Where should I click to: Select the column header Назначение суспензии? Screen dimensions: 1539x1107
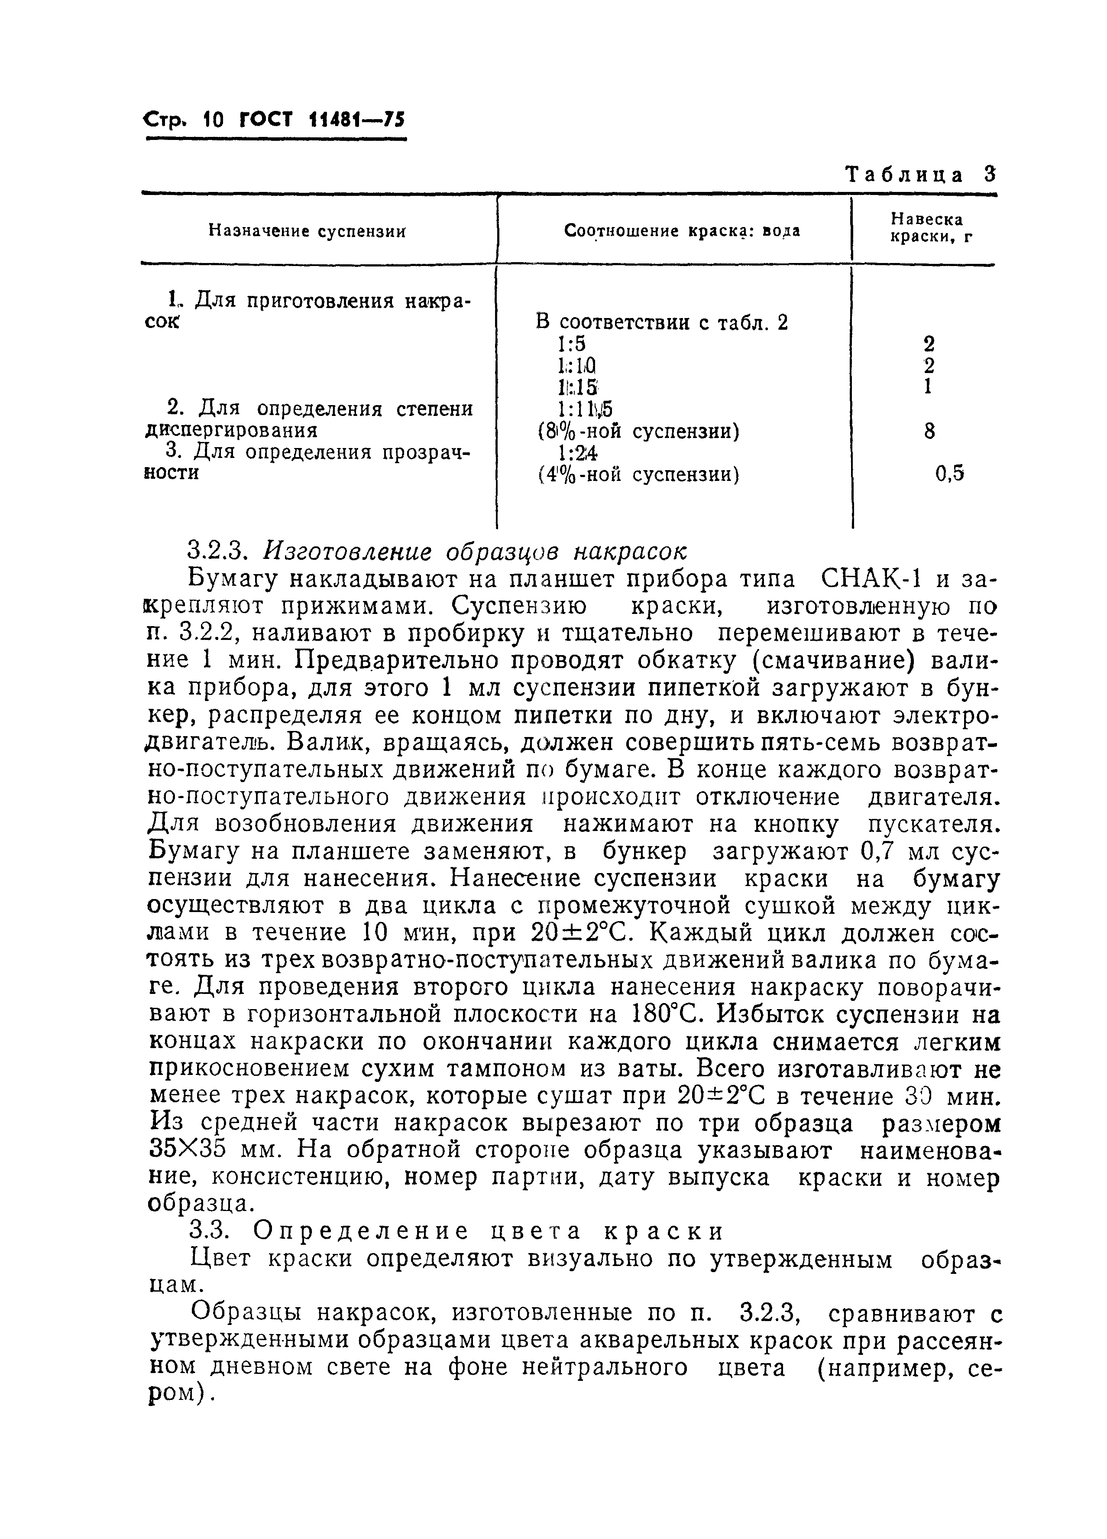[x=307, y=231]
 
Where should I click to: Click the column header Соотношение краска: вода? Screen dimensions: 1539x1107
[x=682, y=231]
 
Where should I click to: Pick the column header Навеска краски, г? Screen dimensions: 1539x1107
[x=926, y=229]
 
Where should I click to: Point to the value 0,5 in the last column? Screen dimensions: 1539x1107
[x=949, y=474]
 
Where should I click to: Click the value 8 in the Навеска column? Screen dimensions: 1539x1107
[x=929, y=431]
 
